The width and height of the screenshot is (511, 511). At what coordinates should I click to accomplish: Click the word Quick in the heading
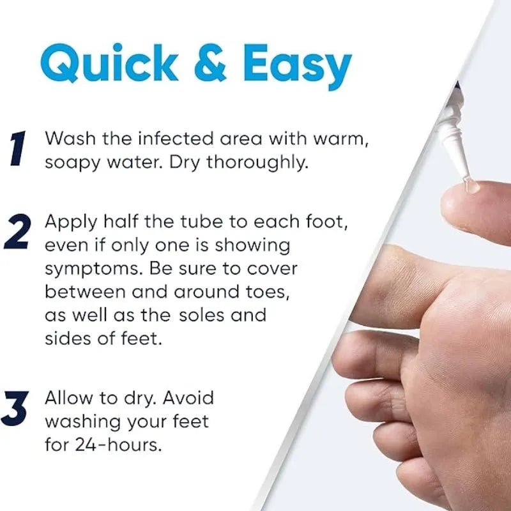(109, 63)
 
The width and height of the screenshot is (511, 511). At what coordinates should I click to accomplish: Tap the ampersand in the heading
(210, 63)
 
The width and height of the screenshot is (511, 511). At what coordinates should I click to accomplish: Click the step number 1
(18, 148)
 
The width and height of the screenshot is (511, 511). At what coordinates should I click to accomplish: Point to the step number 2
(18, 232)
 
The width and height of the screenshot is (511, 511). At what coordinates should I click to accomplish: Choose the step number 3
(15, 408)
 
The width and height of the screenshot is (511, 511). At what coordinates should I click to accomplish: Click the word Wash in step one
(70, 138)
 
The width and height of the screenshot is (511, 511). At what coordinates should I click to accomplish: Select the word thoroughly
(257, 163)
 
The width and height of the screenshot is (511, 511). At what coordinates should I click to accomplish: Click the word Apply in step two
(71, 223)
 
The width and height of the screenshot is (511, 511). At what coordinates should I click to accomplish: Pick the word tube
(201, 222)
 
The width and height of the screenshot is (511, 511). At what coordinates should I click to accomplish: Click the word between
(85, 291)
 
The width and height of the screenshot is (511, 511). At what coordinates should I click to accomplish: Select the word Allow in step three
(68, 397)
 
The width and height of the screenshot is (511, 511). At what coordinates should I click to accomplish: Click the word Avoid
(188, 397)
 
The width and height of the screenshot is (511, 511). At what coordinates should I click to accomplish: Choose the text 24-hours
(118, 444)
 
